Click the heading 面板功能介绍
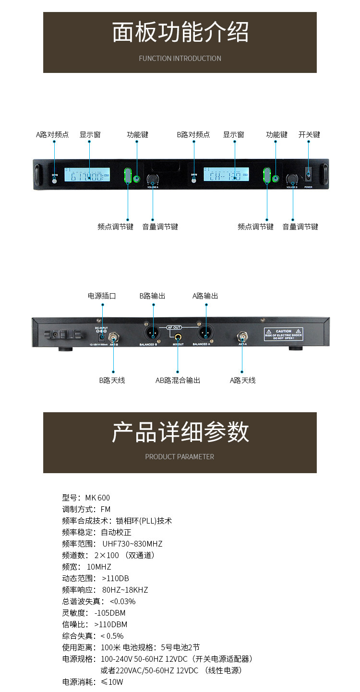tap(180, 33)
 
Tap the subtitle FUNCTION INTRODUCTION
tap(180, 59)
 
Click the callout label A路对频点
tap(53, 135)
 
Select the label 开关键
tap(309, 135)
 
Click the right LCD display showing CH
tap(226, 175)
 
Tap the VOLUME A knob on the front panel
tap(153, 179)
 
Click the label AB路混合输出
tap(178, 381)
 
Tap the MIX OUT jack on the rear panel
tap(178, 336)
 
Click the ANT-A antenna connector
tap(242, 336)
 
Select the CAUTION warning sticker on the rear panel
tap(284, 334)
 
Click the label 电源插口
tap(102, 296)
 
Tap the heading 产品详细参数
tap(180, 431)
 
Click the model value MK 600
tap(97, 498)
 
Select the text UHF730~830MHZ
tap(132, 544)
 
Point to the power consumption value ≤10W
tap(112, 682)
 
